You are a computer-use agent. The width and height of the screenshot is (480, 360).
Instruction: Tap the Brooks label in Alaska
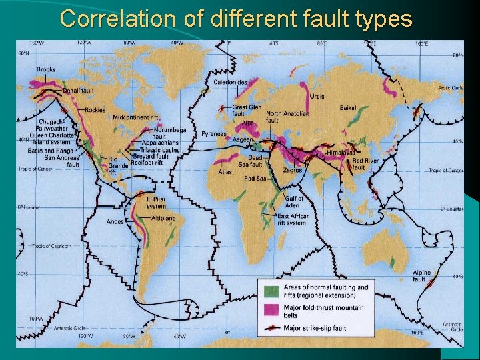(46, 69)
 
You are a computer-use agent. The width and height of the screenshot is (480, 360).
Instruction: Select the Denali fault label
(78, 91)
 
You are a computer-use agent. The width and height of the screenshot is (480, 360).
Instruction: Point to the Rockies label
(95, 110)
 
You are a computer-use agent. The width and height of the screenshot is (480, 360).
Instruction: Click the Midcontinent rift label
(135, 117)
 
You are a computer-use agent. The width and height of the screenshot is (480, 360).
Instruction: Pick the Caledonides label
(230, 82)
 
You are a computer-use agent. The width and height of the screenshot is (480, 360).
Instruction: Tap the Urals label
(317, 97)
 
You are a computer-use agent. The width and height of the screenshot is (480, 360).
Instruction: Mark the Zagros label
(292, 170)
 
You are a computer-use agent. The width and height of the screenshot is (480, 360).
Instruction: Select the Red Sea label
(255, 179)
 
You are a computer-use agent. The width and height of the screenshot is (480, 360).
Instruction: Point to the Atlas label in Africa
(225, 171)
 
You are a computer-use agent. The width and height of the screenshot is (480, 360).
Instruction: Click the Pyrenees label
(214, 133)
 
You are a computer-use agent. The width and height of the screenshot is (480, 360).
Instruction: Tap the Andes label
(115, 221)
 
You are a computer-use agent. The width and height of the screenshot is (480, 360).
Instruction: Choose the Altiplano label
(163, 218)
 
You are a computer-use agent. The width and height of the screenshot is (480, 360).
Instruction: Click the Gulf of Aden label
(294, 202)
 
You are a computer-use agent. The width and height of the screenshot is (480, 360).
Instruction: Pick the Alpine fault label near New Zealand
(421, 276)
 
